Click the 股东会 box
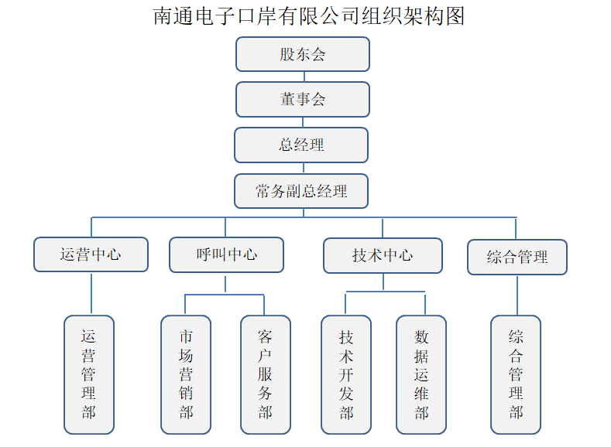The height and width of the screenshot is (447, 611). (303, 54)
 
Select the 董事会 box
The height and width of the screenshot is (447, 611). (303, 99)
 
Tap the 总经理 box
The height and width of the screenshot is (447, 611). (301, 145)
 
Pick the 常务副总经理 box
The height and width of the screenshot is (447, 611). (301, 191)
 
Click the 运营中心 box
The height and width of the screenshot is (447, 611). (91, 254)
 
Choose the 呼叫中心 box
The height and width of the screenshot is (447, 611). (226, 254)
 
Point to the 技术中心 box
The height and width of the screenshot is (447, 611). (383, 255)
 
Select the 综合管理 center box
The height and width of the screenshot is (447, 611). (517, 257)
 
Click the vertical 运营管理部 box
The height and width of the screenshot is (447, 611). (89, 374)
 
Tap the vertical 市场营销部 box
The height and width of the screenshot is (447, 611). (186, 374)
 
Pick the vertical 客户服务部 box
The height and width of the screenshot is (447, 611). (266, 374)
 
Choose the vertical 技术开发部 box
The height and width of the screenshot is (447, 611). (346, 374)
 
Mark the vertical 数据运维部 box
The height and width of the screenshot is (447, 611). (421, 374)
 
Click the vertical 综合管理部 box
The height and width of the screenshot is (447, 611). (516, 374)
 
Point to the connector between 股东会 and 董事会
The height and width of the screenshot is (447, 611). (304, 77)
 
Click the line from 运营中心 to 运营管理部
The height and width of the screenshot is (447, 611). (91, 294)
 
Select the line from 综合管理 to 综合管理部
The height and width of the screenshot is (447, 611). (517, 295)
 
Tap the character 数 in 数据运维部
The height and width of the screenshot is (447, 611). (421, 337)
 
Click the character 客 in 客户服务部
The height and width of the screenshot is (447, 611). (266, 337)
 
